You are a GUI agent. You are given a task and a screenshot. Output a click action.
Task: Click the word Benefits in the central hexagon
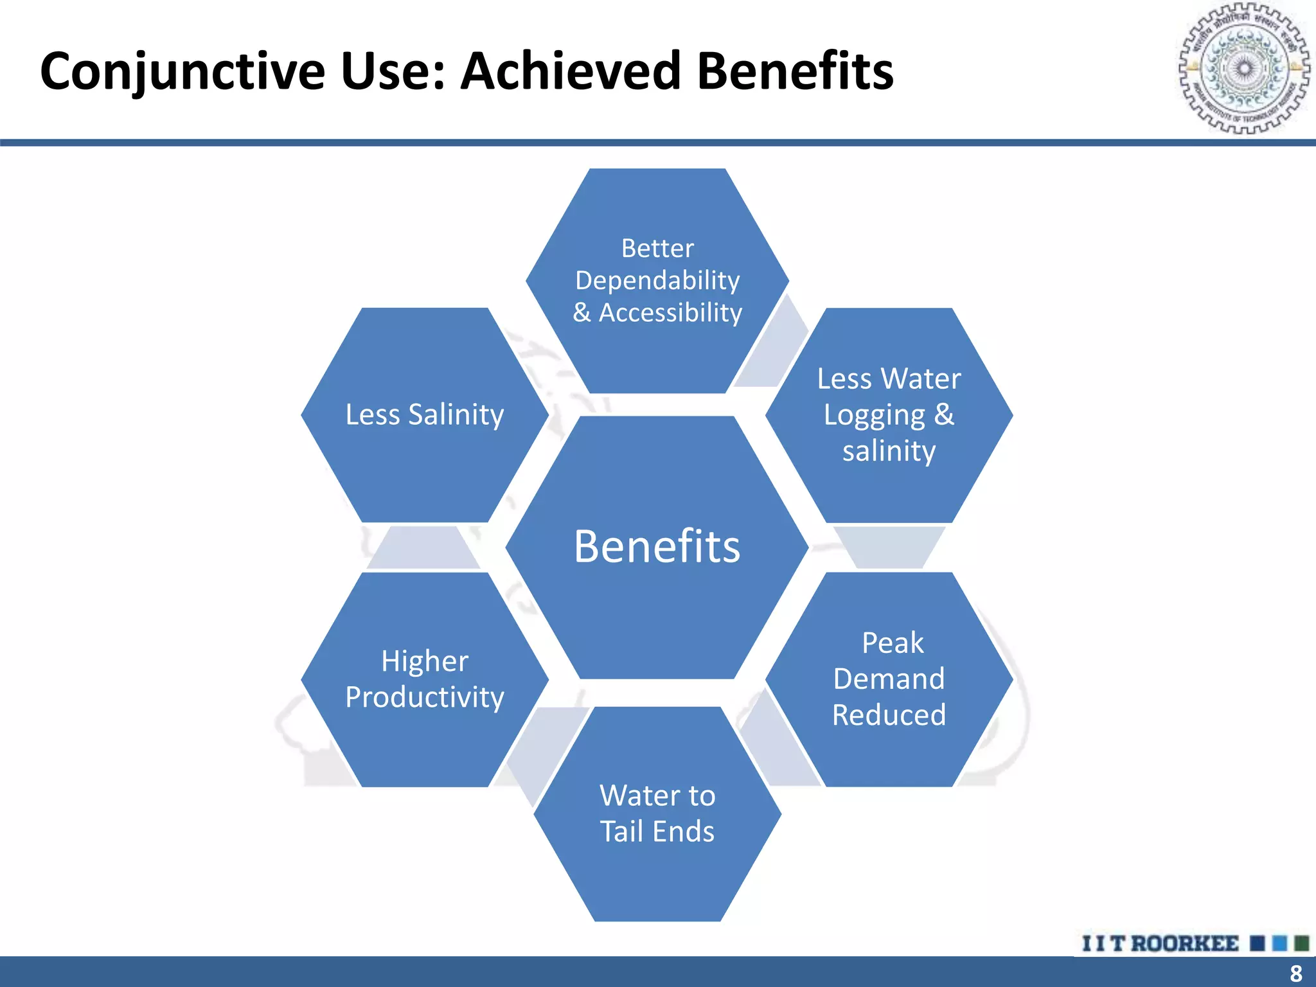coord(657,547)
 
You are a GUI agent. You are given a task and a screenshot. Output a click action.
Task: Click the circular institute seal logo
coord(1243,68)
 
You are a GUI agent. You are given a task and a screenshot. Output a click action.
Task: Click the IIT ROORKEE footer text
coord(1160,943)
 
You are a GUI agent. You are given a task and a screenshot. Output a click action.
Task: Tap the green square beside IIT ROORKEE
coord(1301,943)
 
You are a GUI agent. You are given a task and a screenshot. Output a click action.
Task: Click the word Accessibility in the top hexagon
coord(670,313)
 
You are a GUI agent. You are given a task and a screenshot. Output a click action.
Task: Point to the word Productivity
coord(424,698)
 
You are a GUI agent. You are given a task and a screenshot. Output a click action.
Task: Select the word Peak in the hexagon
coord(892,643)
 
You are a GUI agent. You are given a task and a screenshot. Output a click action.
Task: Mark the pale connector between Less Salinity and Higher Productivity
coord(423,548)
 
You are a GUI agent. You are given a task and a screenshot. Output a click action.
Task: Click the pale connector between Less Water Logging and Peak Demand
coord(889,547)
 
